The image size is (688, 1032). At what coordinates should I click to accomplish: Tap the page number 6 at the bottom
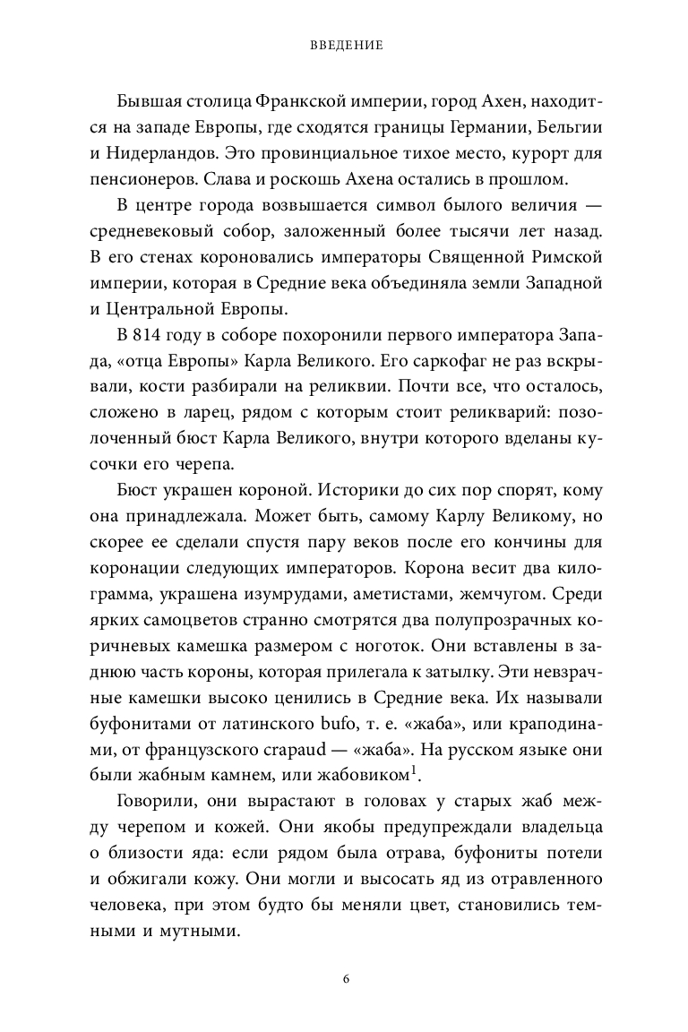click(x=344, y=977)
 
